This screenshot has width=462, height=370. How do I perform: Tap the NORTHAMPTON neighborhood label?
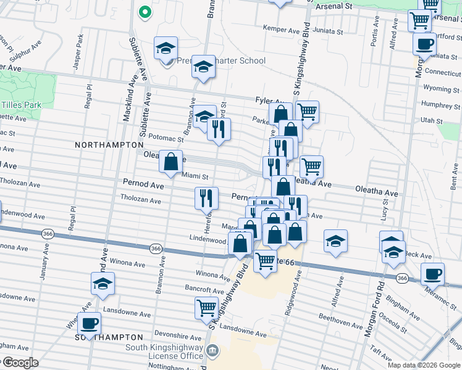pos(109,144)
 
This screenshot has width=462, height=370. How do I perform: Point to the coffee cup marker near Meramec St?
pos(432,273)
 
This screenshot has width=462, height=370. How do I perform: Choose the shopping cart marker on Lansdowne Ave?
pos(206,306)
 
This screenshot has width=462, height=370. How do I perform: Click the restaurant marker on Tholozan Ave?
pos(206,197)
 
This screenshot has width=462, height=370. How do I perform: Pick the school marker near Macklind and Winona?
pos(103,284)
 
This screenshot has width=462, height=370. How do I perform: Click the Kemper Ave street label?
pos(280,29)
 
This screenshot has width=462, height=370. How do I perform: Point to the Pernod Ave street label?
pos(143,184)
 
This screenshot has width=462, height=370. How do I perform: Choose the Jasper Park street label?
pos(78,47)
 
